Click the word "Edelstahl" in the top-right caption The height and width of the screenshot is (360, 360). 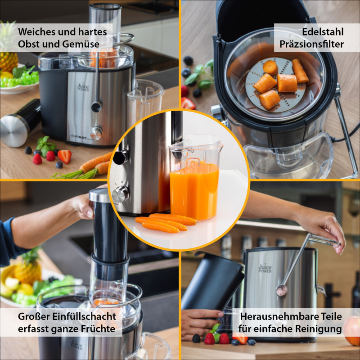(323, 31)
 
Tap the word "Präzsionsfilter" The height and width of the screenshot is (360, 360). (311, 44)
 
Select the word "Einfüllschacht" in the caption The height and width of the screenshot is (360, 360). (84, 316)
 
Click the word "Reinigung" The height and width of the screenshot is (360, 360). (318, 329)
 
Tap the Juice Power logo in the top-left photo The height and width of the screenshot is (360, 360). (83, 87)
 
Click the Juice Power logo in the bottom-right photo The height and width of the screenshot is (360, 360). (265, 268)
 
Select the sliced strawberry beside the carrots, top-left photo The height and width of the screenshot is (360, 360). (65, 156)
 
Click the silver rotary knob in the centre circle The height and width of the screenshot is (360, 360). (121, 194)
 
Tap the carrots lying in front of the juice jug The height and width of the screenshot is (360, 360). (166, 222)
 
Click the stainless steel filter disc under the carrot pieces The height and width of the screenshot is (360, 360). (275, 85)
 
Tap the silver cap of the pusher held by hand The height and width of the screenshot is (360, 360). (99, 196)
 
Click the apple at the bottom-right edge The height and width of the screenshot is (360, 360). (352, 330)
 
